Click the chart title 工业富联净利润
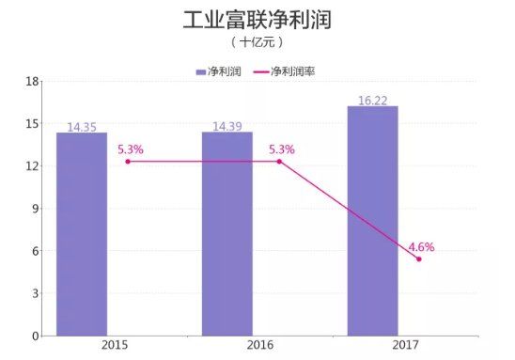click(x=257, y=21)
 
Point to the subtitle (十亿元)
click(x=257, y=43)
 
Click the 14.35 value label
click(x=81, y=126)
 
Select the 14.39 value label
click(x=226, y=126)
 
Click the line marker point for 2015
click(x=128, y=161)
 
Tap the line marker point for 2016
click(x=278, y=161)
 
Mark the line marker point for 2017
click(x=418, y=258)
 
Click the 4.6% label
click(x=421, y=247)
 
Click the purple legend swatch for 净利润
click(x=201, y=71)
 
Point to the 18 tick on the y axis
click(x=32, y=81)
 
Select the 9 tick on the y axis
click(x=35, y=208)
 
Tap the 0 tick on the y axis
click(x=35, y=336)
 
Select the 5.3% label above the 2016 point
click(x=281, y=149)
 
